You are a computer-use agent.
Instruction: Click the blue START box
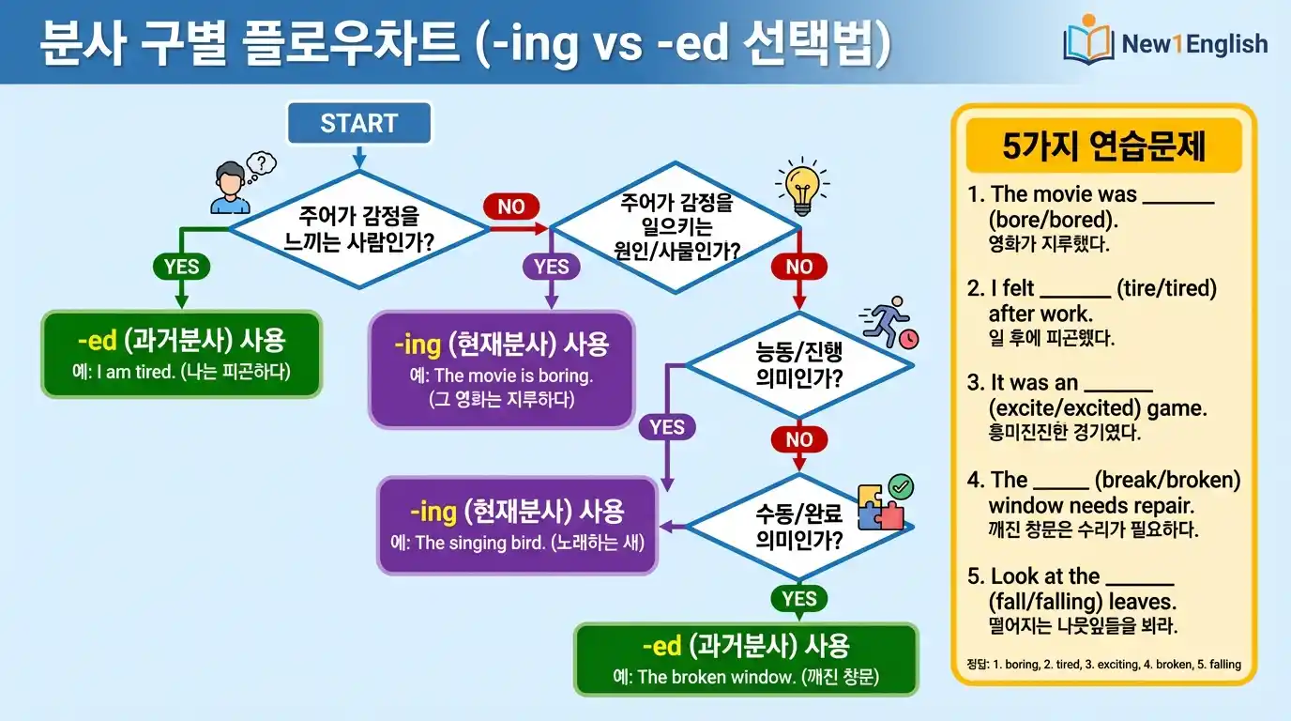(x=358, y=123)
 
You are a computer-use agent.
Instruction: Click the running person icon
(x=889, y=323)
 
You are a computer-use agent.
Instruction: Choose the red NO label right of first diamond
(x=511, y=207)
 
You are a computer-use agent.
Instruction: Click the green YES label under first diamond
(x=181, y=267)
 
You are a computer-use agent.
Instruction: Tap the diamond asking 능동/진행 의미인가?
(x=798, y=365)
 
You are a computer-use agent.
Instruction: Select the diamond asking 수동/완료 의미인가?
(x=798, y=527)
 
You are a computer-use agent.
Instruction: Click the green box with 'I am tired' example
(x=181, y=354)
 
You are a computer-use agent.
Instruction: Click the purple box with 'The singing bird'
(x=517, y=525)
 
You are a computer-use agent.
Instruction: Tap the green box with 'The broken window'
(x=746, y=659)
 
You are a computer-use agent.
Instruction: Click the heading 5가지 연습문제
(x=1103, y=146)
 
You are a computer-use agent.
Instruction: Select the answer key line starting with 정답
(x=1102, y=664)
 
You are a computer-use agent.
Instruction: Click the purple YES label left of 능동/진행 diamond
(x=666, y=427)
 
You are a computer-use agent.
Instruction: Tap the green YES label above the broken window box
(x=798, y=598)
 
